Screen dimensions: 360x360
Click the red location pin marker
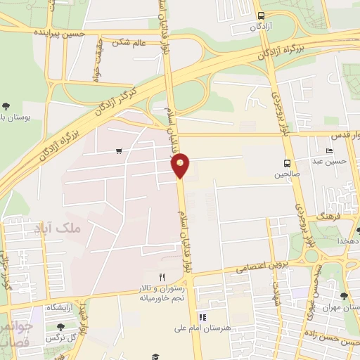point(181,165)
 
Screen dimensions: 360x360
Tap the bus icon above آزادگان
point(262,15)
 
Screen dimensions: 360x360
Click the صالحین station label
point(287,174)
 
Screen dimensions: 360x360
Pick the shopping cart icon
point(119,150)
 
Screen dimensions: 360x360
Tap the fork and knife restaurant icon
point(162,277)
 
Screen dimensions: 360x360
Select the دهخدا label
point(348,240)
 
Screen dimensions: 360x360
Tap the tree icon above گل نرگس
point(60,327)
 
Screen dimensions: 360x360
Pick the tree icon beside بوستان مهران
point(345,297)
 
